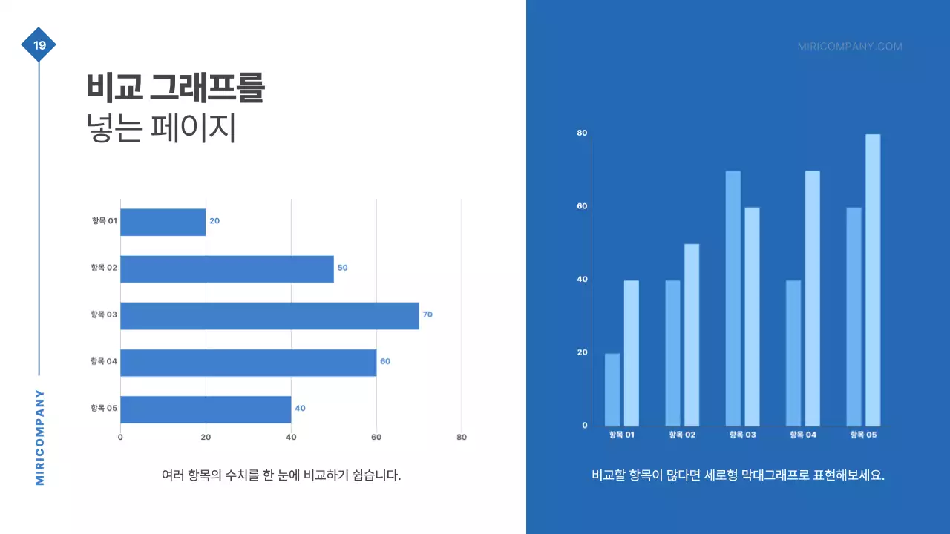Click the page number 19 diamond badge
tap(39, 45)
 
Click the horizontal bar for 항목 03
tap(269, 315)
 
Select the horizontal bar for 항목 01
tap(163, 222)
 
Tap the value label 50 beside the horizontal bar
tap(342, 268)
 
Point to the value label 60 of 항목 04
tap(385, 362)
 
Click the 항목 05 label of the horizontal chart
tap(104, 409)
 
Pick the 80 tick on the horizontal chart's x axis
tap(462, 438)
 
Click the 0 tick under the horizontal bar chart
tap(120, 438)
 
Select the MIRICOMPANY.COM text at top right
tap(850, 47)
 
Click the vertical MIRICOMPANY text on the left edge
tap(40, 438)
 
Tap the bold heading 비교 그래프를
tap(175, 88)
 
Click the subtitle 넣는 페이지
tap(161, 128)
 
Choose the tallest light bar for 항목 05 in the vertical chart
tap(873, 280)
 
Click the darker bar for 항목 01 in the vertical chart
tap(612, 389)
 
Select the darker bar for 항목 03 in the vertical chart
tap(733, 298)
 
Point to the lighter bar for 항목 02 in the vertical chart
tap(692, 334)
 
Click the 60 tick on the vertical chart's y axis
tap(583, 206)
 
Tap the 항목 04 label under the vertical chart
tap(802, 435)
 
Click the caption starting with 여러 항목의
tap(281, 475)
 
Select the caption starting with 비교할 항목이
tap(738, 475)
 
